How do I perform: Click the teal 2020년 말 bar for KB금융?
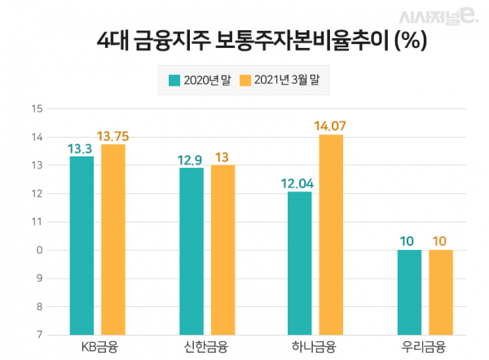pyautogui.click(x=81, y=244)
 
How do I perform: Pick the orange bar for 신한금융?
pyautogui.click(x=222, y=249)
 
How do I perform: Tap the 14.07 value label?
pyautogui.click(x=331, y=125)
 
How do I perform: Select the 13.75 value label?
pyautogui.click(x=113, y=136)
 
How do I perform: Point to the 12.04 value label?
pyautogui.click(x=300, y=182)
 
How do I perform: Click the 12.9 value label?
pyautogui.click(x=192, y=158)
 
